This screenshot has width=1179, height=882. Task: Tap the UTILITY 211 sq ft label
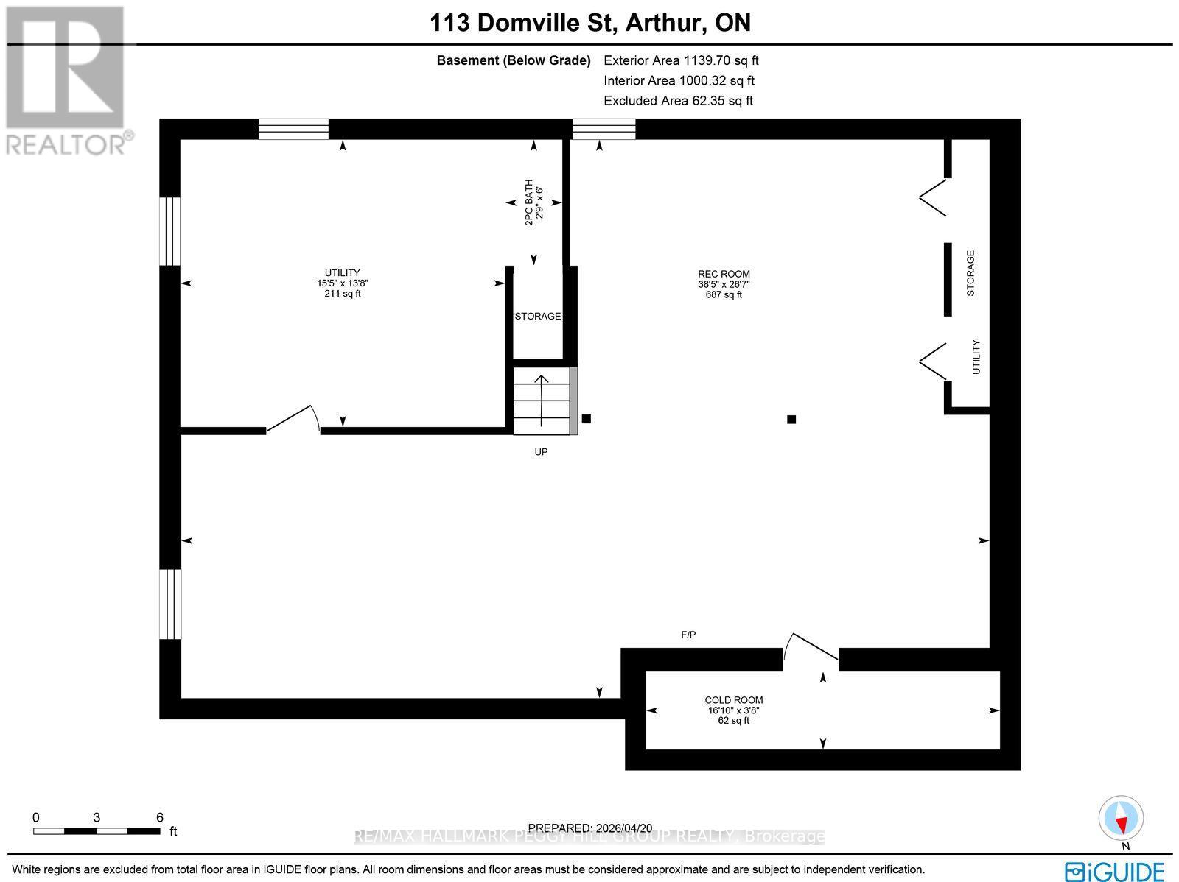tap(343, 283)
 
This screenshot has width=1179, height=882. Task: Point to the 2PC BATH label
tap(533, 202)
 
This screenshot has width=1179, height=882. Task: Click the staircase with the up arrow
tap(542, 402)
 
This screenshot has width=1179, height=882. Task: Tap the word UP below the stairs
tap(541, 452)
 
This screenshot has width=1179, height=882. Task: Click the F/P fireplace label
tap(688, 634)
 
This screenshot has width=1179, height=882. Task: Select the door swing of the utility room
tap(295, 419)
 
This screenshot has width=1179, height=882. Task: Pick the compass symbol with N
tap(1122, 819)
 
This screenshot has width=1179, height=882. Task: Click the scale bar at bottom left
tap(97, 830)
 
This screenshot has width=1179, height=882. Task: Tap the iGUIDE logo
tap(1114, 870)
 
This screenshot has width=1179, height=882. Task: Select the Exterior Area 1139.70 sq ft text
tap(681, 60)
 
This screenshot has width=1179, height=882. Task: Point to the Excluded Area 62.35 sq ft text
tap(678, 101)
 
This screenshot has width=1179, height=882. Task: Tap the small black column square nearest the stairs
tap(587, 419)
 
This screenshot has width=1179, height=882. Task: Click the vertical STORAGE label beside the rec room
tap(970, 273)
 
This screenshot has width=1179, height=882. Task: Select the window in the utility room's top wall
tap(293, 130)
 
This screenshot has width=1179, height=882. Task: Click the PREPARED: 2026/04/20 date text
tap(590, 828)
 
